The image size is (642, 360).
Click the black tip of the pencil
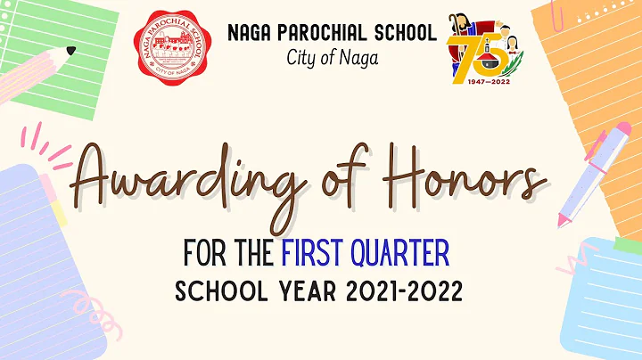point(71,49)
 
